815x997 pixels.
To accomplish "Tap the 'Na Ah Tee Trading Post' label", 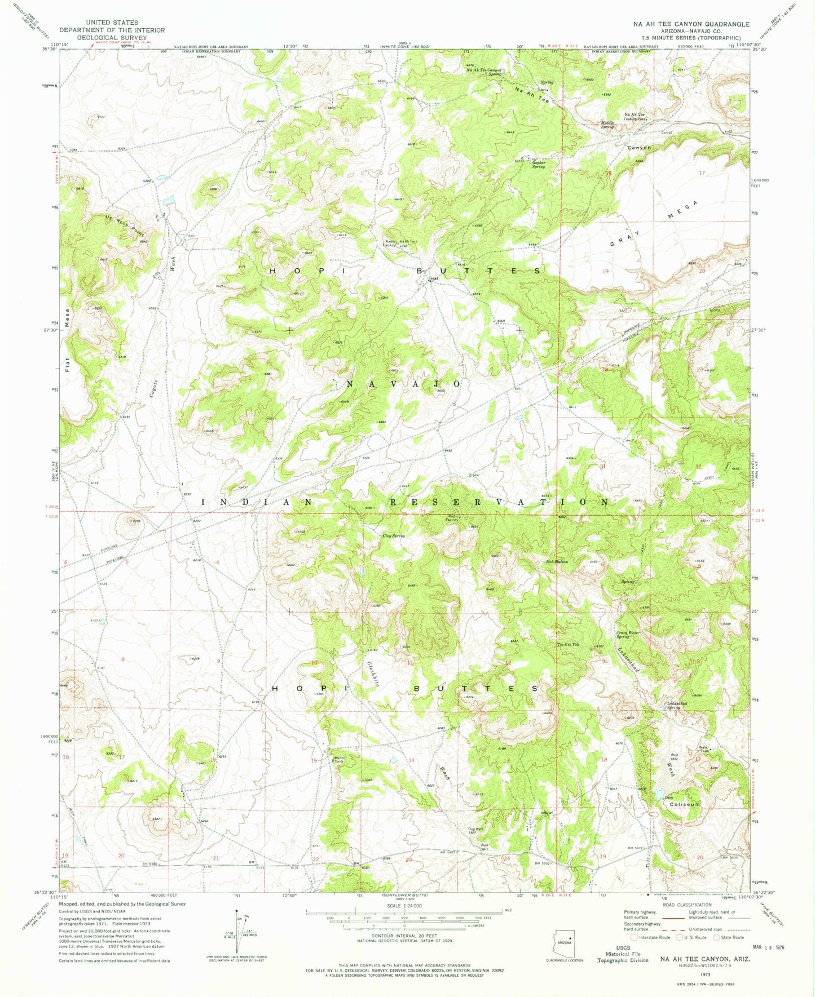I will coord(634,117).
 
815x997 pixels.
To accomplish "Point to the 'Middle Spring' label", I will coord(607,125).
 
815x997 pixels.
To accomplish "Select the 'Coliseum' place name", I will coord(685,804).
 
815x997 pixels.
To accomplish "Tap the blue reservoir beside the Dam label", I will coord(659,795).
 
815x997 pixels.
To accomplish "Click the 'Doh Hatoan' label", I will coord(556,561).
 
